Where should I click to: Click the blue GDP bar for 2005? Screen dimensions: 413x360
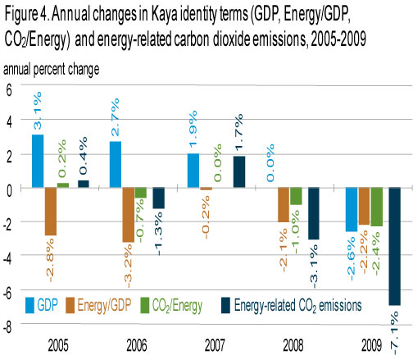pyautogui.click(x=38, y=161)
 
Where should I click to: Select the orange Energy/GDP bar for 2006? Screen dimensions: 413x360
pyautogui.click(x=129, y=215)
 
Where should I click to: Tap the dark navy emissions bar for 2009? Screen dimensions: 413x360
pyautogui.click(x=395, y=246)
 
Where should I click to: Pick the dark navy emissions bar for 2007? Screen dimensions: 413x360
pyautogui.click(x=239, y=172)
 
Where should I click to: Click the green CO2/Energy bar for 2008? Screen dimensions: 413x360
pyautogui.click(x=296, y=196)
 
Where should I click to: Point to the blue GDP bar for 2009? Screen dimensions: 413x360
pyautogui.click(x=352, y=209)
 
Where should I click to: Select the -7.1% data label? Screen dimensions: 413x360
pyautogui.click(x=394, y=333)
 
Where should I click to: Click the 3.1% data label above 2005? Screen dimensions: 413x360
pyautogui.click(x=38, y=111)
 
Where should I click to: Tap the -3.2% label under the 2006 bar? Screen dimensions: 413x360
pyautogui.click(x=128, y=266)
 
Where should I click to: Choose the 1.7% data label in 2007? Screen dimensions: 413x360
pyautogui.click(x=238, y=132)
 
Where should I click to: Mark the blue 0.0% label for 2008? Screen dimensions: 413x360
pyautogui.click(x=270, y=163)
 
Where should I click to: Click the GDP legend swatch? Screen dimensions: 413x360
pyautogui.click(x=29, y=305)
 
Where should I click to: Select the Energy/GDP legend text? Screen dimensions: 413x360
pyautogui.click(x=104, y=305)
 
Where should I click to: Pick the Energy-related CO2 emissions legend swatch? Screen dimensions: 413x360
pyautogui.click(x=226, y=305)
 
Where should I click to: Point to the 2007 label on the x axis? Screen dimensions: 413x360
pyautogui.click(x=215, y=345)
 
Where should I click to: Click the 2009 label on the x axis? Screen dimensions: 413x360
pyautogui.click(x=372, y=345)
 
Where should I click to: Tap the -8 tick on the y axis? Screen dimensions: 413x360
pyautogui.click(x=7, y=326)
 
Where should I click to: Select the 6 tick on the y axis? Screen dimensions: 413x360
pyautogui.click(x=9, y=90)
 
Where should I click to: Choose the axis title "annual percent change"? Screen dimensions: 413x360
pyautogui.click(x=51, y=70)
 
